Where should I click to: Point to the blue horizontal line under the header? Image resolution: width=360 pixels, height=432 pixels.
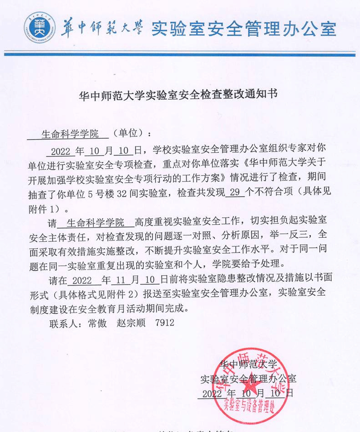(180, 55)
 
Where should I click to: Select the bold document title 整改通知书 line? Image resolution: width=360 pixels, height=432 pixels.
(178, 95)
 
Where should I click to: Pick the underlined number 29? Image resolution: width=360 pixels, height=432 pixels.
(235, 192)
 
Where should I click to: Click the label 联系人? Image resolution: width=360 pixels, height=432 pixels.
(62, 323)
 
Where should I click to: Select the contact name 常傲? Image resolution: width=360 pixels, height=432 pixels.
(96, 323)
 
